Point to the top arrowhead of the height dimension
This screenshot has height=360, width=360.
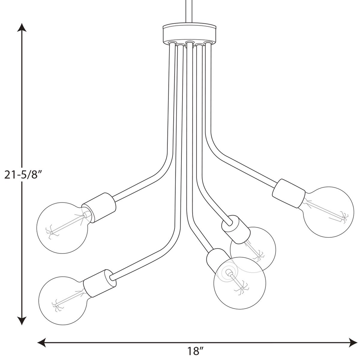click(x=22, y=28)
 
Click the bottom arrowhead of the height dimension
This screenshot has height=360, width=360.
click(x=22, y=321)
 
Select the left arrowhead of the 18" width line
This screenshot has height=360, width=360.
click(x=41, y=342)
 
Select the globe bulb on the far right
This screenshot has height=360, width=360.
click(x=328, y=212)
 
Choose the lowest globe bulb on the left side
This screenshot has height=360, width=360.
click(x=63, y=301)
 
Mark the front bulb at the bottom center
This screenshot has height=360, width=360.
click(x=240, y=283)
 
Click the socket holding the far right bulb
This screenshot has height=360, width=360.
click(x=289, y=193)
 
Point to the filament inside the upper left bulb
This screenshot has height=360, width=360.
click(x=67, y=225)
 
